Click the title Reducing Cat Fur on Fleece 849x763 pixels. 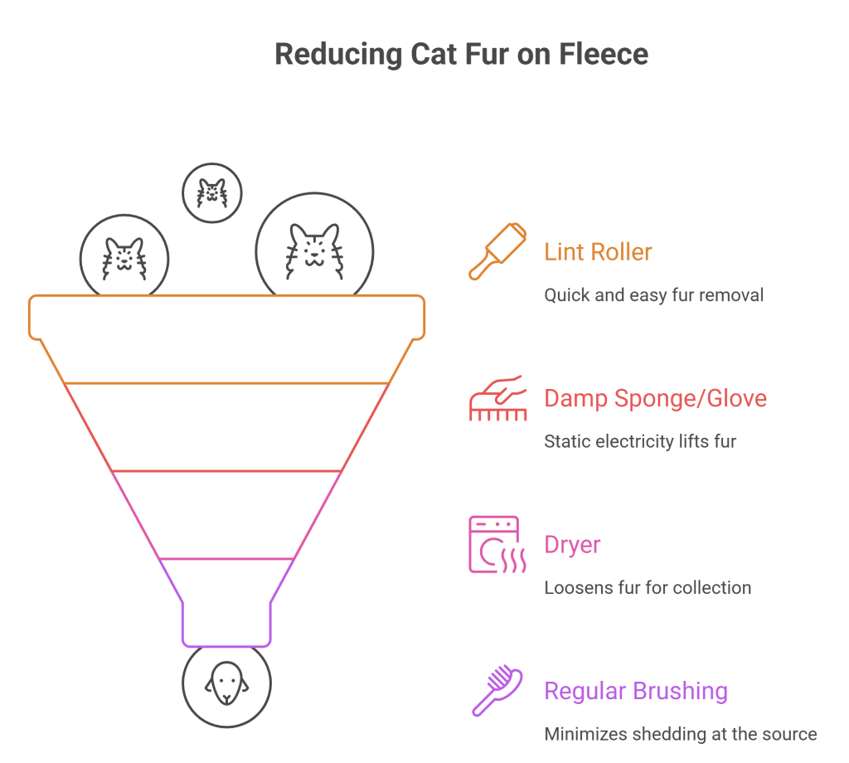click(461, 55)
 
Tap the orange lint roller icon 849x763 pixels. click(497, 250)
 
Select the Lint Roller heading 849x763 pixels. click(598, 252)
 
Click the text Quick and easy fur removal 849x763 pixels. click(653, 294)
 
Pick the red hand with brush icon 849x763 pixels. click(497, 397)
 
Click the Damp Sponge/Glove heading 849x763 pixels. click(655, 398)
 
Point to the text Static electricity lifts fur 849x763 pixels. click(640, 441)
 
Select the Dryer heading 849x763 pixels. click(572, 545)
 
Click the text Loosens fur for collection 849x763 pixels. click(648, 588)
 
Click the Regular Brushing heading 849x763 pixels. click(636, 691)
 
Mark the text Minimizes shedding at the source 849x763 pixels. click(681, 734)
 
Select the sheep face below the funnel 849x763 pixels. click(226, 685)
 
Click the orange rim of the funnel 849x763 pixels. click(226, 317)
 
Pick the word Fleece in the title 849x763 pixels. click(603, 55)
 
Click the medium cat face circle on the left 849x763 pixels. click(124, 256)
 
